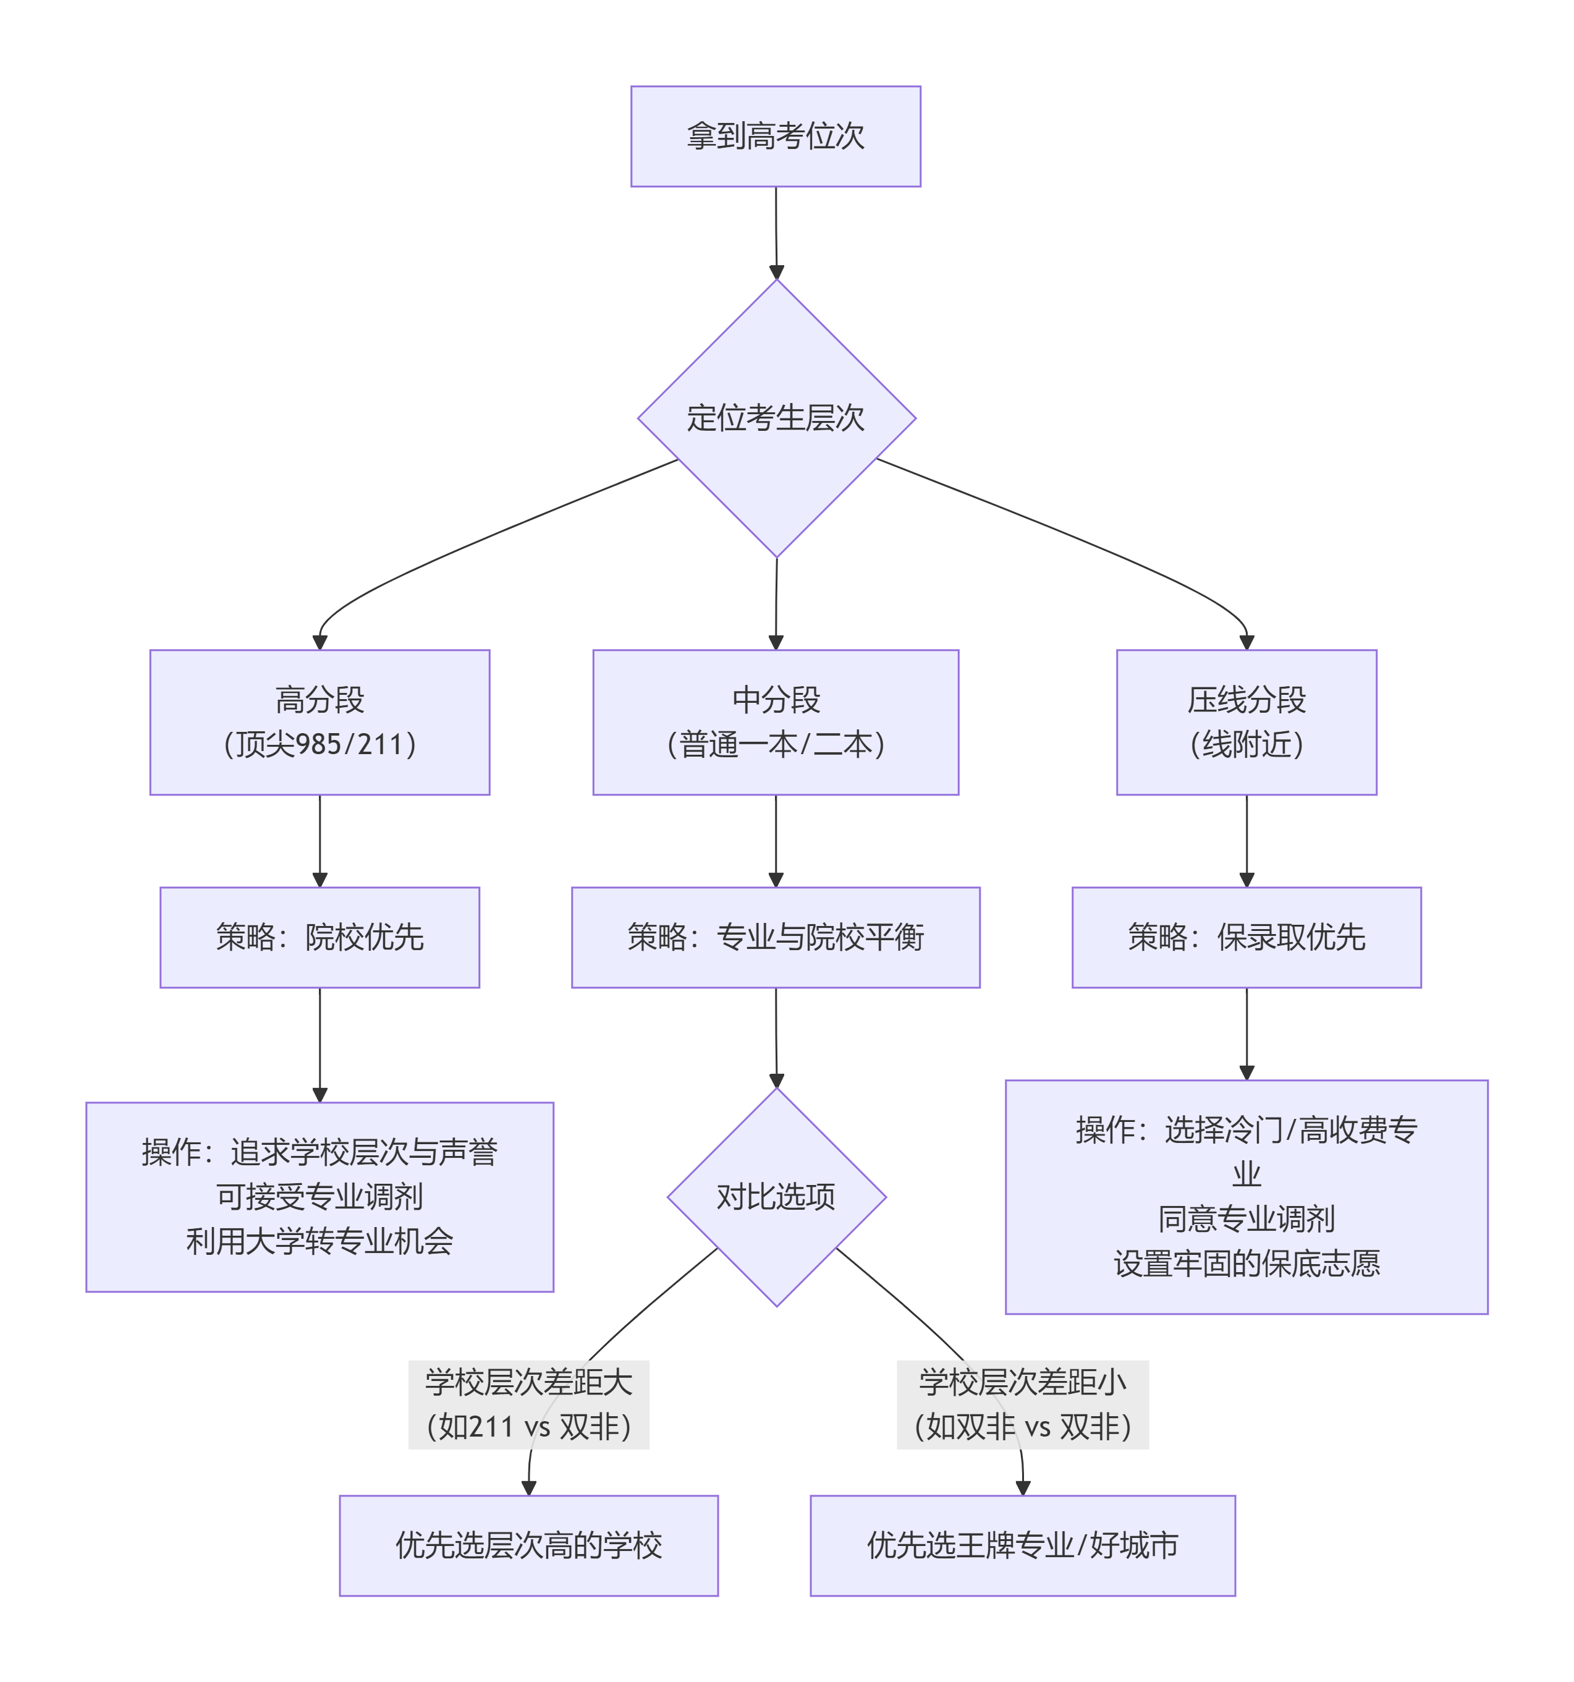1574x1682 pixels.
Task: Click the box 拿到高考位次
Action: pyautogui.click(x=776, y=136)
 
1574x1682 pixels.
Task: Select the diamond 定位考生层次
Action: pyautogui.click(x=776, y=418)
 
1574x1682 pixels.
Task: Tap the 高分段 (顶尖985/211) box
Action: pyautogui.click(x=319, y=723)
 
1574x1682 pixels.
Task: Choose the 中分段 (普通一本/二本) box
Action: pyautogui.click(x=776, y=723)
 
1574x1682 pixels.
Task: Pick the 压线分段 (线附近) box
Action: pyautogui.click(x=1246, y=723)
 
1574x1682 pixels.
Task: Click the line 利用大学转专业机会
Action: pyautogui.click(x=319, y=1242)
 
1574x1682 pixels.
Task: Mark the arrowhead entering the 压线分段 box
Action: pyautogui.click(x=1246, y=643)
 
